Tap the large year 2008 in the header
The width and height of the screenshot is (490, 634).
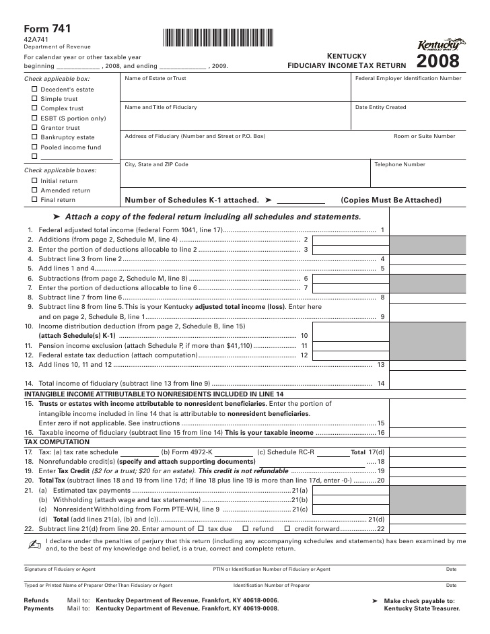tap(438, 63)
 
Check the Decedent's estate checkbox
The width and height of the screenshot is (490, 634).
tap(34, 89)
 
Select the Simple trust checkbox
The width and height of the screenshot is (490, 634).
tap(34, 98)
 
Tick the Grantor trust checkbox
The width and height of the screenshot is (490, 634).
tap(34, 127)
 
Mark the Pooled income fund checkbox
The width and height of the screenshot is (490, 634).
tap(34, 147)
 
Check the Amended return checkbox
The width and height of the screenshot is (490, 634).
tap(34, 190)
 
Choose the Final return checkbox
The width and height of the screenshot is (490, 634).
tap(34, 199)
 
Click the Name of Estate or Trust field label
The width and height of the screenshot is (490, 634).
tap(155, 79)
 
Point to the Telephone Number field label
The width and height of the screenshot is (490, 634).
tap(400, 164)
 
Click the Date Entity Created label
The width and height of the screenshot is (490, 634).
tap(380, 108)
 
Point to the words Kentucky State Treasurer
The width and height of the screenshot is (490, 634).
tap(422, 608)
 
